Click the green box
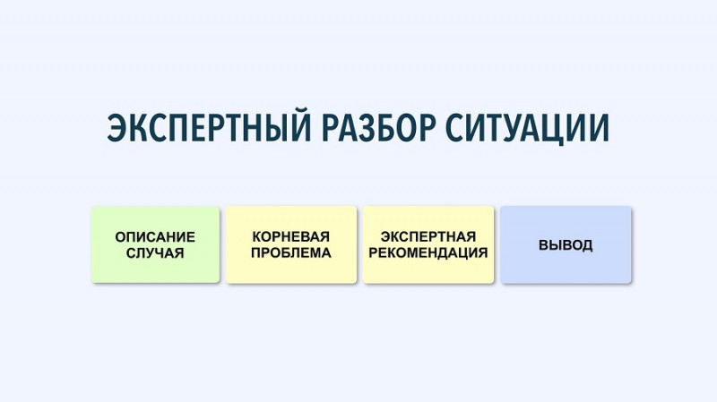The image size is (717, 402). point(155,244)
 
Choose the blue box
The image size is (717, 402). point(566,244)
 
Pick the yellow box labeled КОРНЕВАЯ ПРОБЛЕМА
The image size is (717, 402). point(290,244)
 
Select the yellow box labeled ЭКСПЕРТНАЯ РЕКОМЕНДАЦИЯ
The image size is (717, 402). point(428,244)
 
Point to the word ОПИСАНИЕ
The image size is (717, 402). point(155,237)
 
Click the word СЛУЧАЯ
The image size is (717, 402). point(155,253)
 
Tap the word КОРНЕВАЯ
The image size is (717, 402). point(290,237)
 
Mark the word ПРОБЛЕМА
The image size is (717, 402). point(290,253)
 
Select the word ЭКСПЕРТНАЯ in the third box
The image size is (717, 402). point(428,237)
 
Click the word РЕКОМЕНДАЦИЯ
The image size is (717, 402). point(428,253)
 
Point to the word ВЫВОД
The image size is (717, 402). point(566,245)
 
